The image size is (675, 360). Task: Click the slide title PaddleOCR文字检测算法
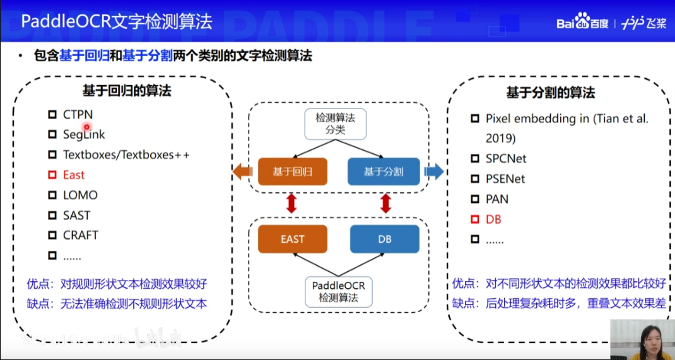pyautogui.click(x=117, y=22)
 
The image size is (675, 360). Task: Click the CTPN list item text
pyautogui.click(x=78, y=114)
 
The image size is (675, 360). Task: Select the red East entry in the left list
pyautogui.click(x=74, y=175)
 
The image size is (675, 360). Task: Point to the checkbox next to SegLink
pyautogui.click(x=52, y=134)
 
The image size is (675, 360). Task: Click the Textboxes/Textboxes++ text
pyautogui.click(x=126, y=154)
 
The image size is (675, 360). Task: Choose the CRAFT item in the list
pyautogui.click(x=81, y=235)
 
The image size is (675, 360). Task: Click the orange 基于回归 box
pyautogui.click(x=292, y=171)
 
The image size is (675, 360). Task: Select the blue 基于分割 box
pyautogui.click(x=384, y=171)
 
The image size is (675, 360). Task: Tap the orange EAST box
pyautogui.click(x=292, y=240)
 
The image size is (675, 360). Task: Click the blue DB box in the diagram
pyautogui.click(x=385, y=240)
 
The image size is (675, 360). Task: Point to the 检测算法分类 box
pyautogui.click(x=336, y=124)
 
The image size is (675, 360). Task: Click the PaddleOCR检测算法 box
pyautogui.click(x=338, y=291)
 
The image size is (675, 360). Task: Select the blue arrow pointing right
pyautogui.click(x=434, y=171)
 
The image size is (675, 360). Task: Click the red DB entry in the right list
pyautogui.click(x=493, y=219)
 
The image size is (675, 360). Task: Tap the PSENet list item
pyautogui.click(x=505, y=179)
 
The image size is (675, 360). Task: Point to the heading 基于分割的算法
pyautogui.click(x=550, y=93)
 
